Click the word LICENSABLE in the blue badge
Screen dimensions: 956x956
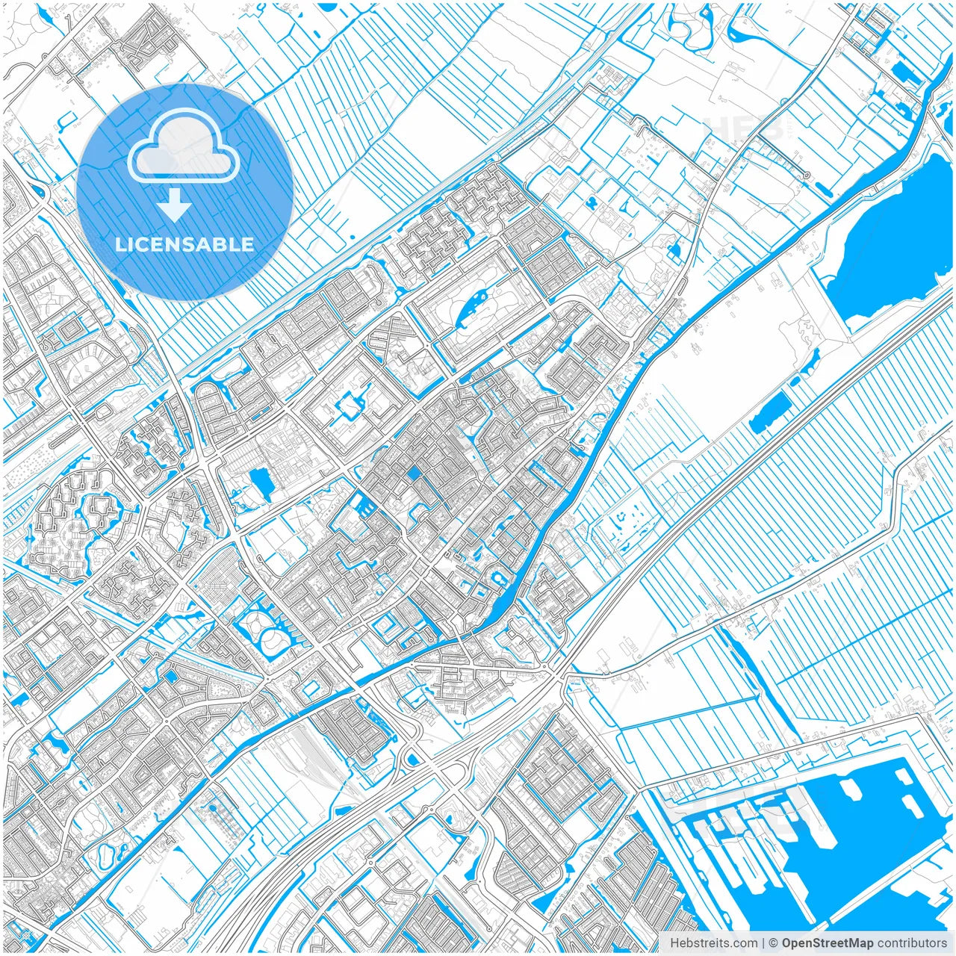(x=184, y=245)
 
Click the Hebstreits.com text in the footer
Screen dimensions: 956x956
(x=713, y=943)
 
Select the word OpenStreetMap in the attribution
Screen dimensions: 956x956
(x=828, y=943)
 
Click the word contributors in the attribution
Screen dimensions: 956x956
(x=912, y=943)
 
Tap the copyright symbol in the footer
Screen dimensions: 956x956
(x=774, y=943)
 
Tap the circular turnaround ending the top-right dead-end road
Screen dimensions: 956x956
(x=806, y=176)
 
